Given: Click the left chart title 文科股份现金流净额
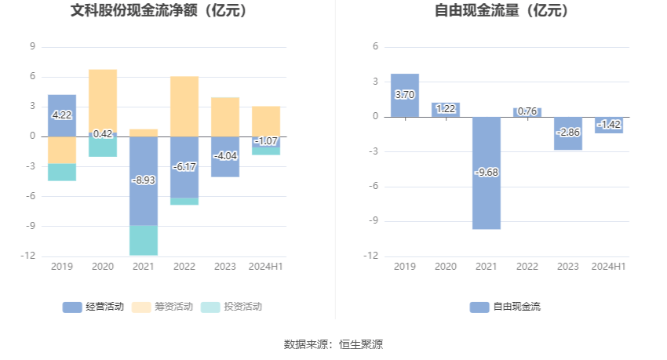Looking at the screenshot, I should point(159,12).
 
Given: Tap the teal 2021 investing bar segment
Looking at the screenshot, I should point(144,240).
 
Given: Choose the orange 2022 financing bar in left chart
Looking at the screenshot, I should point(184,106).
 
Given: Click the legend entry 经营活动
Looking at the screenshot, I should point(93,307).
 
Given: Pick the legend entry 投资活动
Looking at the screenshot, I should point(232,307).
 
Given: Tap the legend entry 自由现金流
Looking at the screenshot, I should point(506,307).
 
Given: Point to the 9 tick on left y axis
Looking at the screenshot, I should point(32,46).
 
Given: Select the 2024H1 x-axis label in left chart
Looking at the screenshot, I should point(266,267).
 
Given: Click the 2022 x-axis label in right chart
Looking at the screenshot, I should point(527,267).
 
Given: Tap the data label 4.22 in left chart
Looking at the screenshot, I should point(62,115).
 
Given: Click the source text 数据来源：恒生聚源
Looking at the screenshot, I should point(333,344).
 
